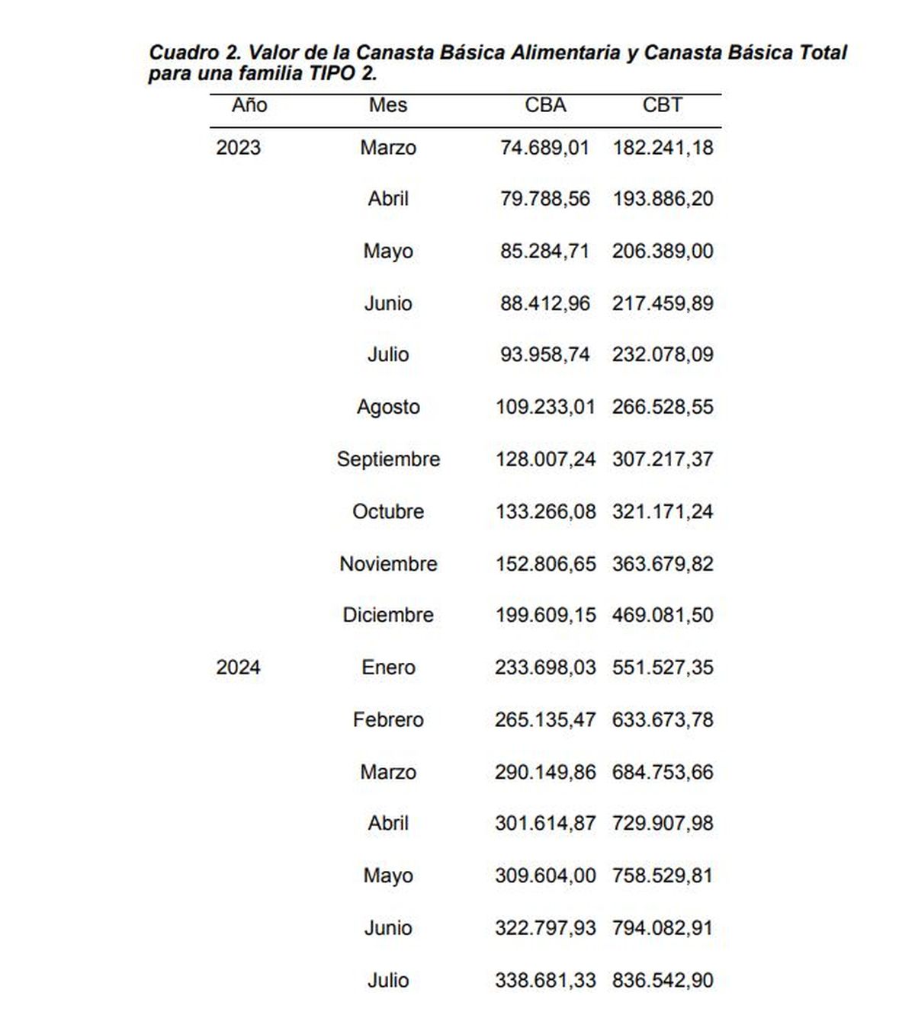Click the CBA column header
(x=545, y=105)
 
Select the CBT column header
(x=662, y=105)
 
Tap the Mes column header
(x=388, y=105)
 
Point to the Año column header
(x=249, y=105)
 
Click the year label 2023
(x=238, y=148)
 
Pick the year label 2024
(x=238, y=667)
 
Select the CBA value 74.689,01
(x=544, y=148)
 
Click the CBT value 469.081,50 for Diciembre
(x=662, y=615)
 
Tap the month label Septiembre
(x=388, y=459)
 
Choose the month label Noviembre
(x=388, y=564)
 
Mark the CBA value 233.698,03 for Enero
(x=544, y=667)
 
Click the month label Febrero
(x=388, y=719)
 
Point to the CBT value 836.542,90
(x=662, y=980)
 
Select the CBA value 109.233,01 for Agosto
(x=544, y=407)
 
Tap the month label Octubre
(x=388, y=511)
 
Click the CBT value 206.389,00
(x=662, y=251)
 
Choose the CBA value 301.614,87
(x=544, y=824)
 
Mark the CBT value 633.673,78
(x=662, y=719)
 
